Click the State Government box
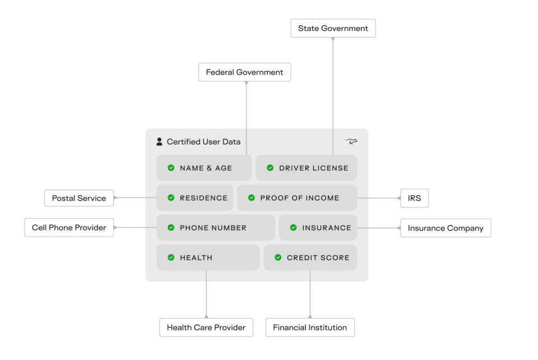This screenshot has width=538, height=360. click(333, 28)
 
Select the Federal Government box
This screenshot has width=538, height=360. click(245, 72)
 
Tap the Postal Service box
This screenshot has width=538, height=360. click(79, 198)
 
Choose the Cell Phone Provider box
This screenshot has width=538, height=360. click(69, 228)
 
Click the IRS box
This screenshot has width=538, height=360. click(415, 198)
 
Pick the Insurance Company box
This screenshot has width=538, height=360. click(446, 228)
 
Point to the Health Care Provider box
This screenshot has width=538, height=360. click(206, 327)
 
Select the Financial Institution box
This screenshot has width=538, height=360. click(310, 327)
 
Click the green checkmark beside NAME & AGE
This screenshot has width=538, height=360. click(171, 168)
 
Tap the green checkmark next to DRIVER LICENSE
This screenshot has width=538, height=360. click(270, 168)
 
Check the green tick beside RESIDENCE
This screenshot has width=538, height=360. click(171, 198)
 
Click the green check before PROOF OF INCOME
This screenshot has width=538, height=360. click(252, 198)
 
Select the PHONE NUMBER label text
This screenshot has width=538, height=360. click(213, 228)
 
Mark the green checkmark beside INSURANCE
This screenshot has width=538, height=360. click(293, 228)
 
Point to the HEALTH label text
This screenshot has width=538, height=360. click(196, 258)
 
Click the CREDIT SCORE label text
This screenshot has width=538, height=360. click(318, 258)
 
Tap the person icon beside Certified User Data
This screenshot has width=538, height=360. click(159, 142)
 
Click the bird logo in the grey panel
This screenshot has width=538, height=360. click(351, 141)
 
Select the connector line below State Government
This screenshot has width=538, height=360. click(333, 96)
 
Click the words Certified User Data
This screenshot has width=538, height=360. click(203, 142)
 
